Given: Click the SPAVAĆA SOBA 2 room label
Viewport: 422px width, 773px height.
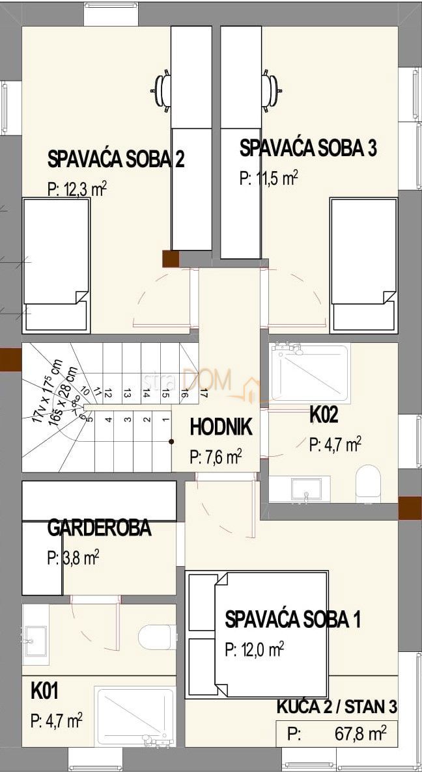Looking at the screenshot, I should [116, 159].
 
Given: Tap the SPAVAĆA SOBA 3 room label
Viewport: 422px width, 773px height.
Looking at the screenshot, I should [308, 148].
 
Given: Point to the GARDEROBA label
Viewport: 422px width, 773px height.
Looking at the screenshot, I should [99, 528].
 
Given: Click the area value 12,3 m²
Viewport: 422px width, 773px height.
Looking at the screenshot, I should [77, 189].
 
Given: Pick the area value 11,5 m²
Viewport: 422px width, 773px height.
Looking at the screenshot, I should [269, 178].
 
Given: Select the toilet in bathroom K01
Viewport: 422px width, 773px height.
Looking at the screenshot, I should [157, 636].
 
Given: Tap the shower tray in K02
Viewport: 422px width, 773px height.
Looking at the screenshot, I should [310, 373].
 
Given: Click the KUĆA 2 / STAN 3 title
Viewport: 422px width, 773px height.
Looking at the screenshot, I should [337, 706].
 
